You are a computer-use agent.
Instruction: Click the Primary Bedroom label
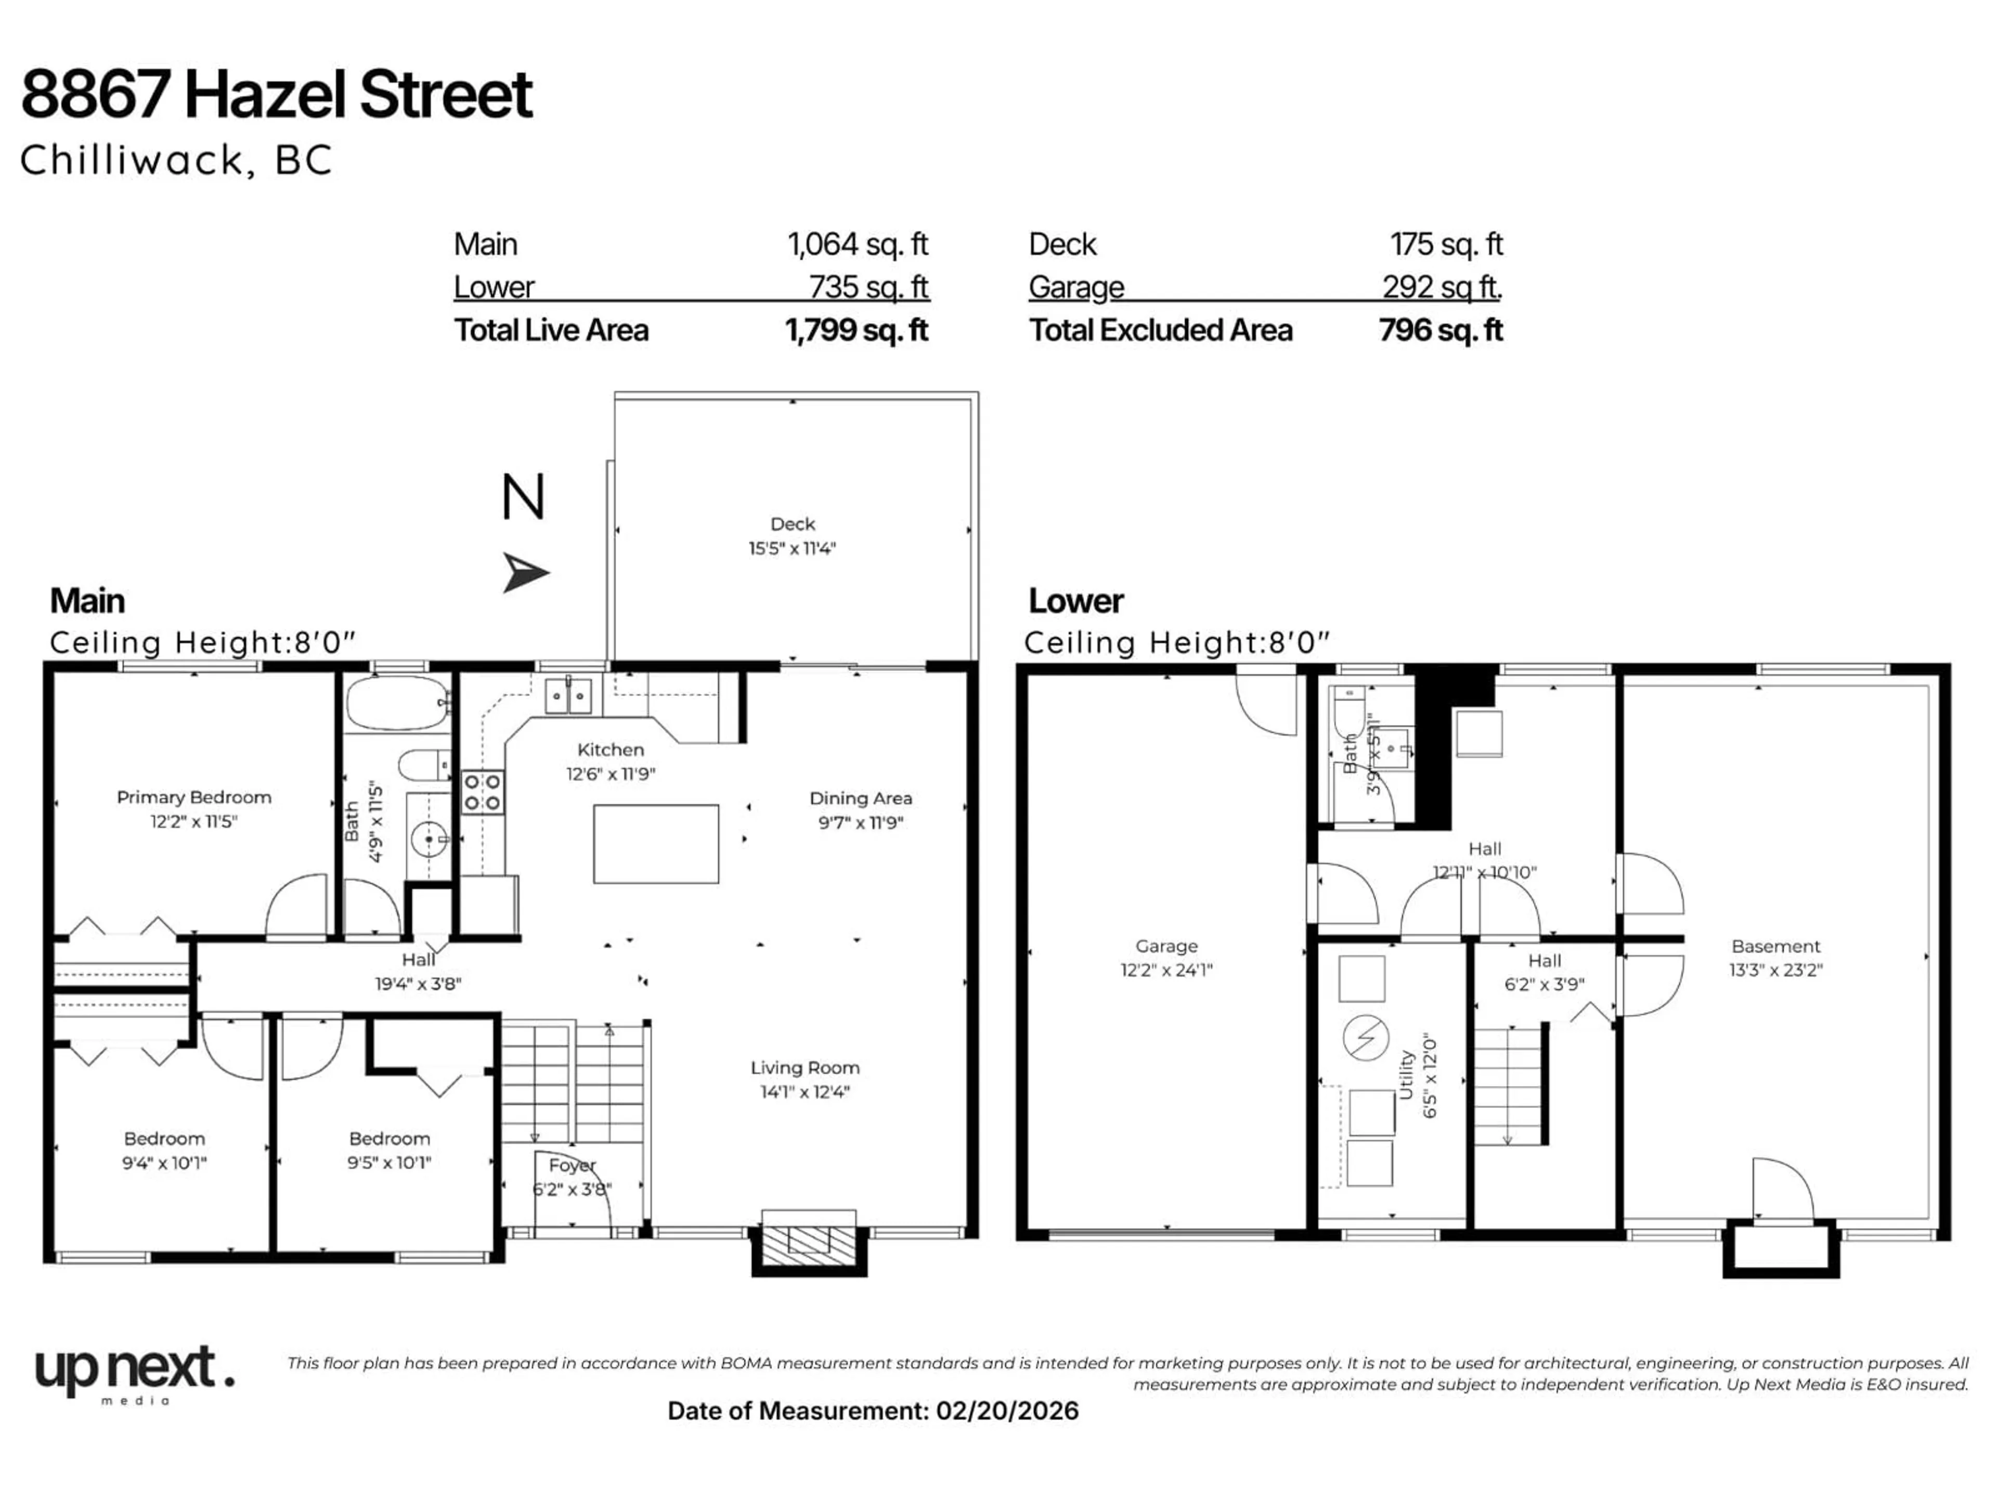[193, 797]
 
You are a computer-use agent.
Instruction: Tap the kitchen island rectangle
[655, 843]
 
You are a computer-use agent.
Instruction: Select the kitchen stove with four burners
[483, 792]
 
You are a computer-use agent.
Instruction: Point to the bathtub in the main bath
[397, 703]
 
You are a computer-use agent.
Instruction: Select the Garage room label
[1166, 946]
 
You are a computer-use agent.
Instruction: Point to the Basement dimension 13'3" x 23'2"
[1776, 971]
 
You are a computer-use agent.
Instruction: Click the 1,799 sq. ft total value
[856, 330]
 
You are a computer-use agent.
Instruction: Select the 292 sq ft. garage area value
[1441, 287]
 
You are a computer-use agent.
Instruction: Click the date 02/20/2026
[1007, 1411]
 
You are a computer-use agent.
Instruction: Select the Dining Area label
[860, 798]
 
